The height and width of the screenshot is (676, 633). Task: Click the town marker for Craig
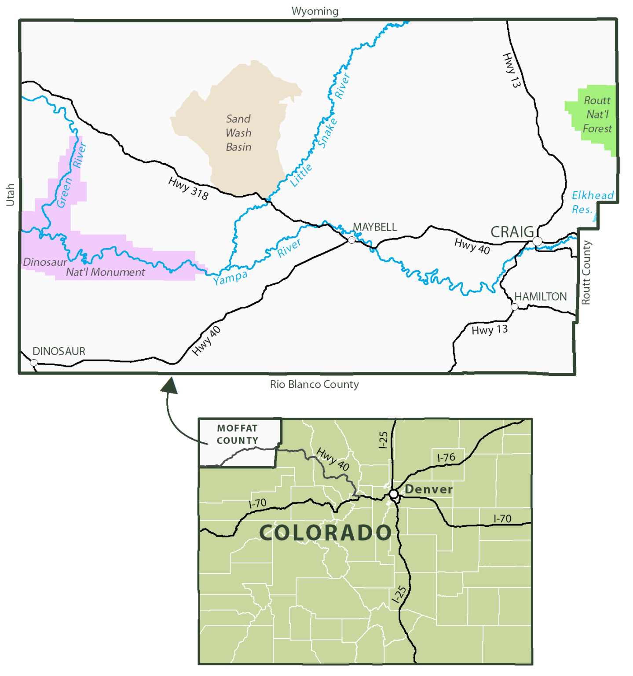(537, 241)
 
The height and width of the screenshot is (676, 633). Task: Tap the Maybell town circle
(351, 240)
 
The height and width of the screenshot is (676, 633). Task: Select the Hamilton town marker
(514, 306)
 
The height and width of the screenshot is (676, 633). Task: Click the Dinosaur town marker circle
(34, 363)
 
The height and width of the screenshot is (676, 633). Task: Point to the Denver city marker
(394, 494)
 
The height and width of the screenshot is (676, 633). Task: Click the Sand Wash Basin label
(238, 133)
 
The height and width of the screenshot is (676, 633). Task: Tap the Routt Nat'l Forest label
(597, 114)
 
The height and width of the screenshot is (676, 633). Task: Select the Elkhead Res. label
(592, 202)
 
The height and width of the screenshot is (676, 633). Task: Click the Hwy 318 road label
(188, 188)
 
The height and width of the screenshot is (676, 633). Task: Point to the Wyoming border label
(315, 11)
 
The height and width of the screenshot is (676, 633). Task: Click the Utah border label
(10, 195)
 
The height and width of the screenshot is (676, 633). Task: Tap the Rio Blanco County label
(315, 384)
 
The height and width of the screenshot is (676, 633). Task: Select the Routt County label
(586, 273)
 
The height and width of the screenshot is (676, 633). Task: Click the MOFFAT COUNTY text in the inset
(238, 434)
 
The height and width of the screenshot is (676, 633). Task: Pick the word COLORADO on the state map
(326, 533)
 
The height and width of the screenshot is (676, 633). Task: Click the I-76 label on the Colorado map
(446, 458)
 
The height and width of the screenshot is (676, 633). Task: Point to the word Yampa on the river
(231, 278)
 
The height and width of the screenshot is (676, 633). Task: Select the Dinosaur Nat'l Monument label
(84, 268)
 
